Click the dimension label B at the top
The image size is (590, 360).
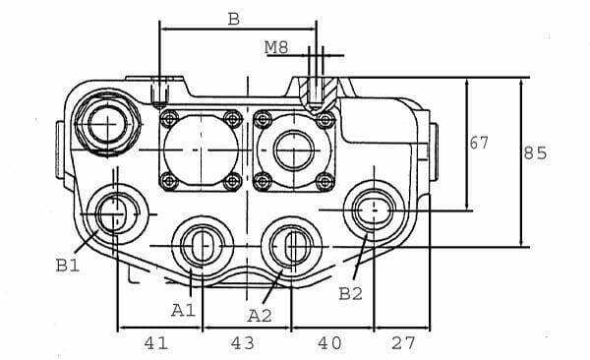233,18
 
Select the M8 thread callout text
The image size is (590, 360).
278,46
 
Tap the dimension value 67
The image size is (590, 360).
479,144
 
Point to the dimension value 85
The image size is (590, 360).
535,153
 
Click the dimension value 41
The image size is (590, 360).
155,342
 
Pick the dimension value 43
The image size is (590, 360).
242,342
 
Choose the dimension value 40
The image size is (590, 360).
329,342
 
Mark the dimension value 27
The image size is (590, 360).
404,342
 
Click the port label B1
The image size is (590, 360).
68,264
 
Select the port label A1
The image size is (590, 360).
184,310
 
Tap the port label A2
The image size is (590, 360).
260,315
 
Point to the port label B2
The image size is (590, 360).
351,293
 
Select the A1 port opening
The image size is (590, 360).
200,245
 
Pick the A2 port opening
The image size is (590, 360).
292,245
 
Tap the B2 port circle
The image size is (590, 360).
373,210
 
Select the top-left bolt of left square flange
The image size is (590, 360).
168,120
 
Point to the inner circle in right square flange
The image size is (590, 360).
294,150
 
